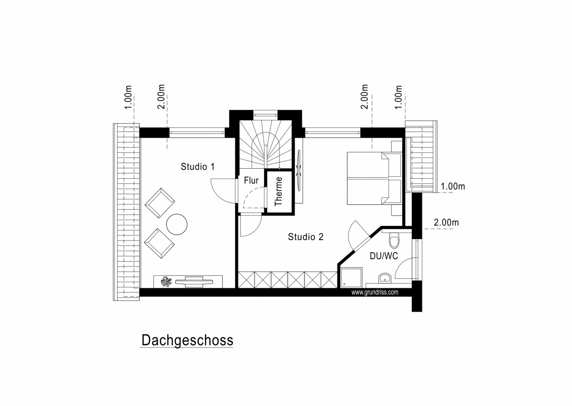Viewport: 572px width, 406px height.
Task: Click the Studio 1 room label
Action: tap(198, 167)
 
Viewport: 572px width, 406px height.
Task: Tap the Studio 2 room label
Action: tap(306, 237)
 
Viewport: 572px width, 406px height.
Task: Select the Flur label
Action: tap(251, 181)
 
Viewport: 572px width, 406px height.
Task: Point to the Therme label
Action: tap(278, 192)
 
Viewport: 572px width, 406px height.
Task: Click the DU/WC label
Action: tap(384, 256)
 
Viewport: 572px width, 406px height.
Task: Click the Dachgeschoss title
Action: tap(187, 340)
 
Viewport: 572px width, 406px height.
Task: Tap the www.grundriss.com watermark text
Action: tap(375, 293)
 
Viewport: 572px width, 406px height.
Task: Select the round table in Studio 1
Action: tap(177, 224)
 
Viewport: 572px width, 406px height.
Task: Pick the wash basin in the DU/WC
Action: tap(385, 278)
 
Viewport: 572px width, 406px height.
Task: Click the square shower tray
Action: tap(351, 277)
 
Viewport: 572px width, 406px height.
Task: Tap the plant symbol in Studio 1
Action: tap(166, 282)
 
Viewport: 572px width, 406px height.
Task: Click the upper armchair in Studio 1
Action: tap(160, 203)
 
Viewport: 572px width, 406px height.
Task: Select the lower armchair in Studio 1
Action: tap(160, 244)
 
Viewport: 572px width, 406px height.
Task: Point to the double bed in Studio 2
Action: tap(374, 178)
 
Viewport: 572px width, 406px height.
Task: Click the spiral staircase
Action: tap(266, 144)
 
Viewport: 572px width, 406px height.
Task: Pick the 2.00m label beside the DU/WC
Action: tap(446, 223)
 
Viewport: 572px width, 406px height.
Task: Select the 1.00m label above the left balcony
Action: tap(128, 97)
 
